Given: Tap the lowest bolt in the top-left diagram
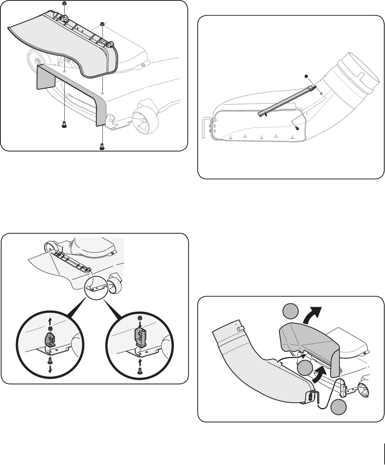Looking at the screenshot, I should (x=102, y=147).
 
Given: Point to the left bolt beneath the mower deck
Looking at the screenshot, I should (x=64, y=124).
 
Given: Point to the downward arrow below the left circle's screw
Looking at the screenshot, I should (x=50, y=369).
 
